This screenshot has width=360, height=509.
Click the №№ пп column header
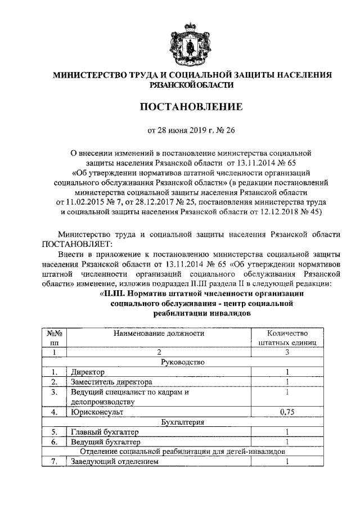pos(54,337)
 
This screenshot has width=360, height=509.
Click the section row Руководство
pos(182,362)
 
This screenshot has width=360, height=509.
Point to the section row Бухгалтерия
pos(182,421)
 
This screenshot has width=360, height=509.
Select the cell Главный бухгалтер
pos(104,431)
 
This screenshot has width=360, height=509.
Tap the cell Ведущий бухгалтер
pos(104,442)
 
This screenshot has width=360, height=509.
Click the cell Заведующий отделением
pos(112,462)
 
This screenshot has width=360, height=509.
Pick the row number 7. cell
pos(54,462)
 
